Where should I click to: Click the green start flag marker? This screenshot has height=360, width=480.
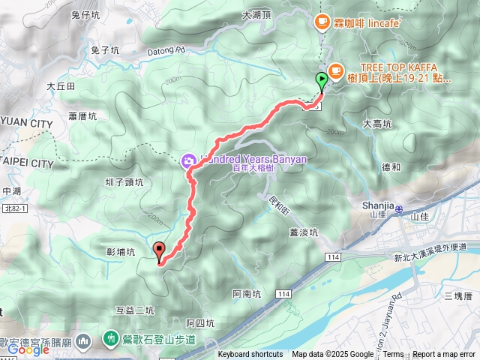click(x=322, y=79)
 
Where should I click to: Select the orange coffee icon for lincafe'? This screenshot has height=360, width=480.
click(x=322, y=22)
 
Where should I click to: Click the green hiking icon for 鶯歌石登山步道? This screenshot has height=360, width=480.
click(x=111, y=339)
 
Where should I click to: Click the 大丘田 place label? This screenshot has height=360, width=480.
click(x=61, y=86)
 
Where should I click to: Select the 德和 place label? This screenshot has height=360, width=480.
click(x=391, y=166)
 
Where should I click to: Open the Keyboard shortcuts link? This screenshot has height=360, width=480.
click(x=250, y=355)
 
